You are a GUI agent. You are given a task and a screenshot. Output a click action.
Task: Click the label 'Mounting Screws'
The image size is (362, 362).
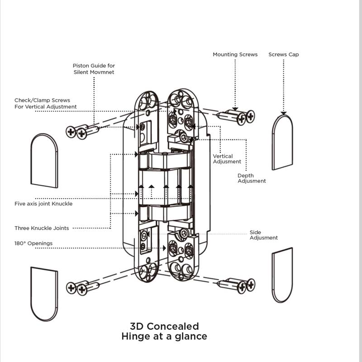[235, 54]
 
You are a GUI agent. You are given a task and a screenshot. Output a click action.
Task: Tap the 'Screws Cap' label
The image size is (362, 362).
[284, 54]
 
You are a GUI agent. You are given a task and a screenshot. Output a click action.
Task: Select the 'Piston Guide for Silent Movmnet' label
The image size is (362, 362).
[94, 69]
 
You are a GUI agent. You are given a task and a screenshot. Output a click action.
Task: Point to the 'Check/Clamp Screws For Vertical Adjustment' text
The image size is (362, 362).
[46, 104]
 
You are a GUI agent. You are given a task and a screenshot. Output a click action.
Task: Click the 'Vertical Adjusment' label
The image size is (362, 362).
[227, 159]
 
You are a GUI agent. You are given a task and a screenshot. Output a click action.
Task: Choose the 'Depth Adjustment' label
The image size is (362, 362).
[252, 178]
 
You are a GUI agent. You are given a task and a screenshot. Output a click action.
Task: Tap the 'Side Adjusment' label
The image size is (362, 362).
[264, 235]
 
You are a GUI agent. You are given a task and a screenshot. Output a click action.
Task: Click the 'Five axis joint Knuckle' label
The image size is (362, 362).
[43, 204]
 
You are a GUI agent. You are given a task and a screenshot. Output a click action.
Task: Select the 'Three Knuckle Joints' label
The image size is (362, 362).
[42, 228]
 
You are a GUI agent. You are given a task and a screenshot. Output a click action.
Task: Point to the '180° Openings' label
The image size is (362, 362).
[33, 243]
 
